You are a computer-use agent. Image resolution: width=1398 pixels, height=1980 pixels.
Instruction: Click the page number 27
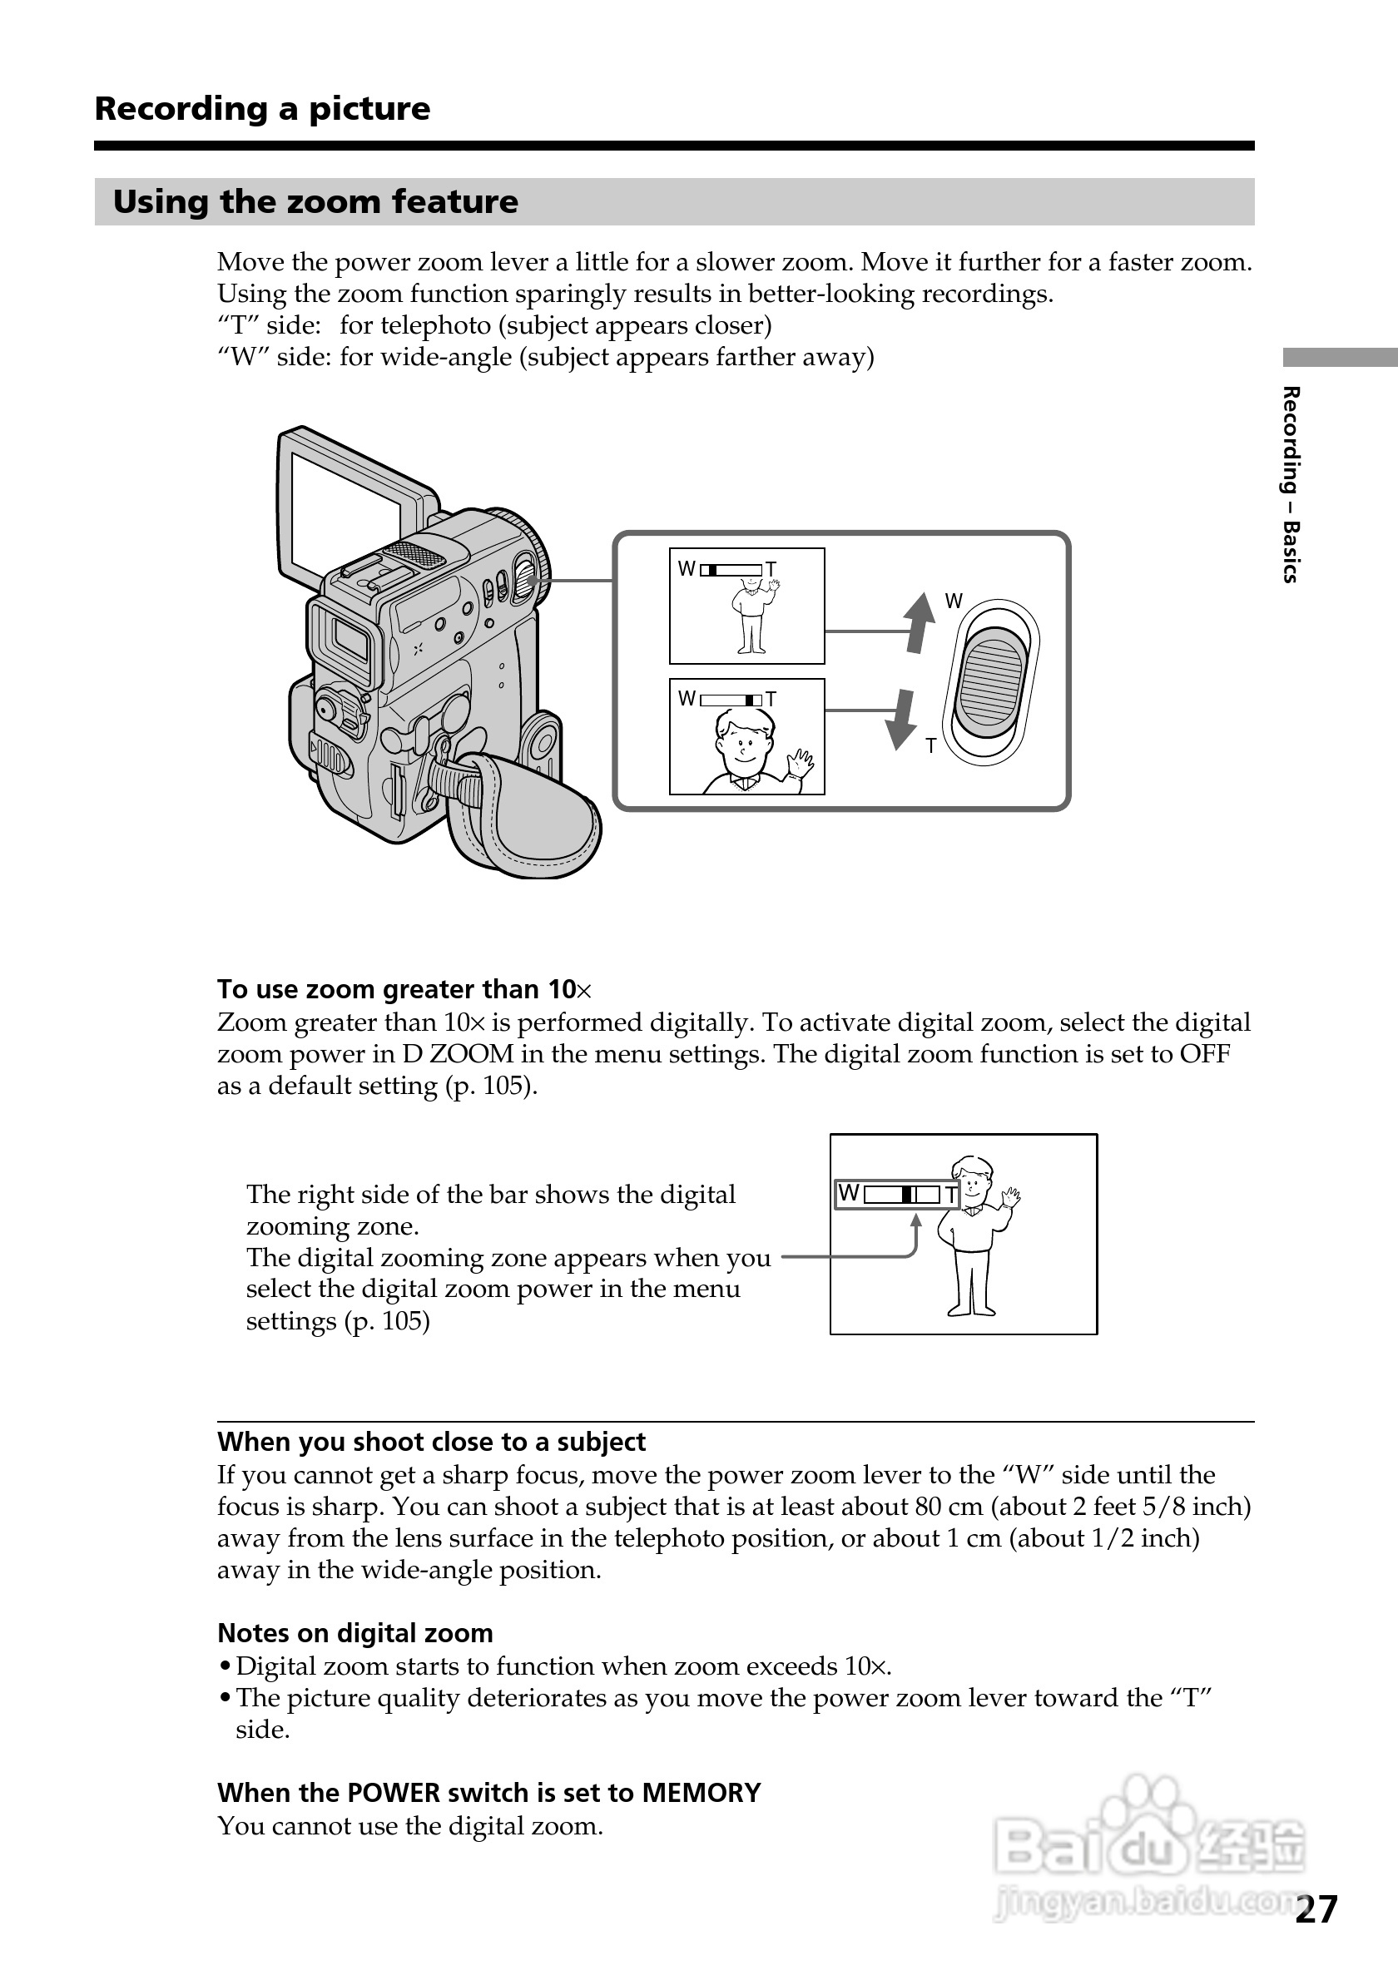1316,1909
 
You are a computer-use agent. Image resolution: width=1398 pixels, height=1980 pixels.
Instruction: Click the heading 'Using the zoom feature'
315,202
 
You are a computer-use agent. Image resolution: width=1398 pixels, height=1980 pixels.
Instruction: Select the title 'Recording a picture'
262,109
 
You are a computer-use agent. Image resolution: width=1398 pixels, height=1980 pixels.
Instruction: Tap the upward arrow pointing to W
920,621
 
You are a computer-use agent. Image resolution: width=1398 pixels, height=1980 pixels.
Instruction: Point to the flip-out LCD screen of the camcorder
345,509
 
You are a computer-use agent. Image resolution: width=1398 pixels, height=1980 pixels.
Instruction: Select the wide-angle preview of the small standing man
747,606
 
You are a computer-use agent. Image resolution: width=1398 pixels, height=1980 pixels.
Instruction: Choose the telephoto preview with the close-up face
747,736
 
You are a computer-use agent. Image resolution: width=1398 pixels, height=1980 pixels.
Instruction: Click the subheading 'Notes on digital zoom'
355,1633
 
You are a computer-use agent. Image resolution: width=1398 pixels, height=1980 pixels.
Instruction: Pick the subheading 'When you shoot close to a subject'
431,1442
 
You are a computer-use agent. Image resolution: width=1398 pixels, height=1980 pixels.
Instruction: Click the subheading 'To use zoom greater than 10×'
404,989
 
